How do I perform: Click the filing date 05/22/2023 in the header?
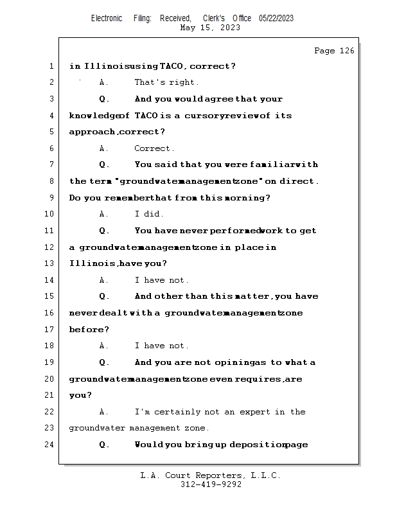(x=276, y=18)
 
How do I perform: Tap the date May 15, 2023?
(x=211, y=28)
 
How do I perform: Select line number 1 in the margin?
(x=51, y=66)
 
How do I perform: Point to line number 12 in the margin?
(x=51, y=247)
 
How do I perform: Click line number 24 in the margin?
(x=51, y=445)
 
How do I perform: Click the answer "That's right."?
(x=166, y=82)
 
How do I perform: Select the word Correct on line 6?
(x=152, y=148)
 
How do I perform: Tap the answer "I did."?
(x=149, y=214)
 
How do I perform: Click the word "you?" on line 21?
(x=80, y=395)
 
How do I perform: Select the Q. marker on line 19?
(x=105, y=362)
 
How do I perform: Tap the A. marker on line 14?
(x=104, y=280)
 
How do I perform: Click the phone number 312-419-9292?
(x=211, y=484)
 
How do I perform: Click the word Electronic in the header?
(x=107, y=18)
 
